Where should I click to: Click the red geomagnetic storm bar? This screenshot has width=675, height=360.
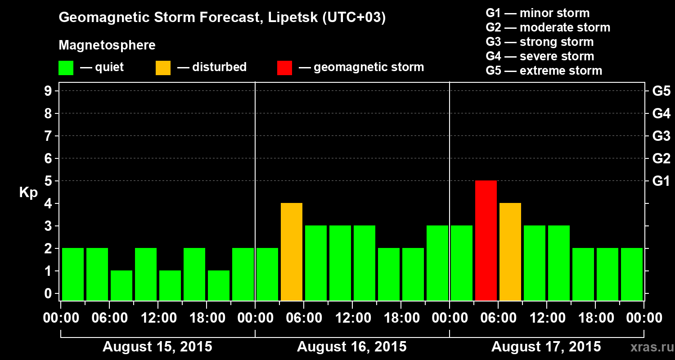coord(486,240)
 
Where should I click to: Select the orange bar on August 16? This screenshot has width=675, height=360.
coord(292,252)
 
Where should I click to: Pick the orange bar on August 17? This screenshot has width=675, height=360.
coord(510,252)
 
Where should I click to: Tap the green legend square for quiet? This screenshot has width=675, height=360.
coord(66,67)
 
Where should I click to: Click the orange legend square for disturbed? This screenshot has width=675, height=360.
coord(163,67)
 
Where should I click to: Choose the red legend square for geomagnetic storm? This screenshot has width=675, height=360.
coord(284,67)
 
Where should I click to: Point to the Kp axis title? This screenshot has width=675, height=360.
coord(28,193)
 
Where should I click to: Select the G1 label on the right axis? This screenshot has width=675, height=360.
coord(661,181)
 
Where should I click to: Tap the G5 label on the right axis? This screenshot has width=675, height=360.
coord(661,91)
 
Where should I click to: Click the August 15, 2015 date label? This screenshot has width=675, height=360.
coord(157,347)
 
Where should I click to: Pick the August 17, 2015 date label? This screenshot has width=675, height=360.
coord(546,347)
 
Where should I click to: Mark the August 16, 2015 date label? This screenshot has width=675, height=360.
coord(351,347)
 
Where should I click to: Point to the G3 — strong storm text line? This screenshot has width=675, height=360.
coord(540,42)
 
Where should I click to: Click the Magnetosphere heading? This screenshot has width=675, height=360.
coord(107,45)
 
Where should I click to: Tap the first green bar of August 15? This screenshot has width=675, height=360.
coord(73,274)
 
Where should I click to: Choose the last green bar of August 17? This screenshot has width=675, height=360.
coord(632,274)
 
